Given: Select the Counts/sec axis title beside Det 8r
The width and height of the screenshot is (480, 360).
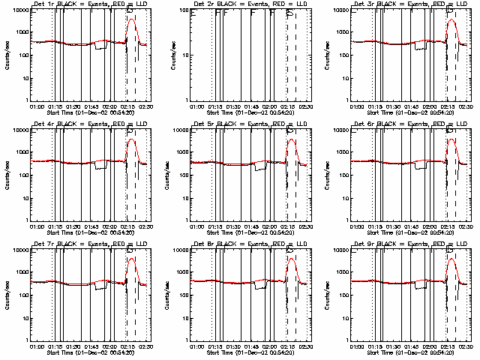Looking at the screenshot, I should pyautogui.click(x=169, y=295).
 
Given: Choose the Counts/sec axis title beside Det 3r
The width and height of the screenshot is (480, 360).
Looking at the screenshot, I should pyautogui.click(x=329, y=55).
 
